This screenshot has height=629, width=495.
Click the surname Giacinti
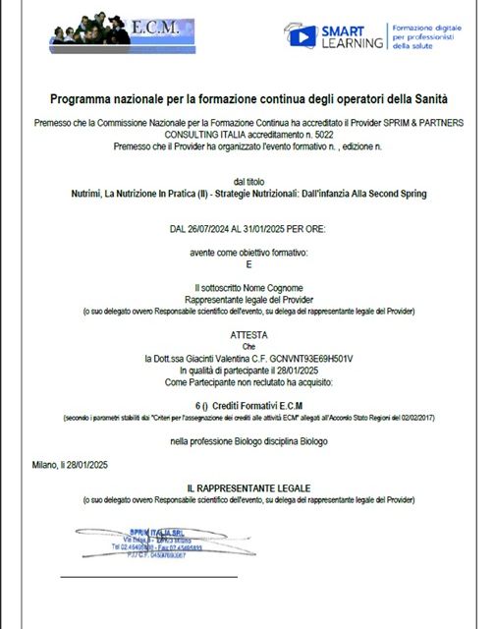click(202, 359)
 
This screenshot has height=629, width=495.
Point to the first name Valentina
click(241, 359)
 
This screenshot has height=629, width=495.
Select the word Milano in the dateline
click(42, 464)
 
